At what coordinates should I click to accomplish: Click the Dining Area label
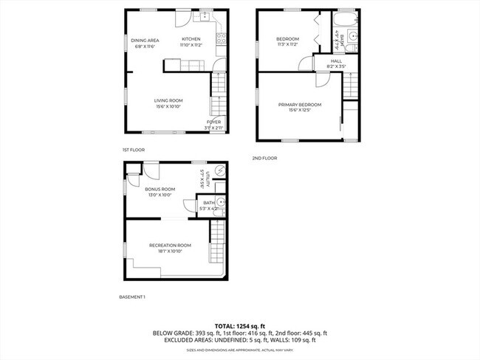pos(145,40)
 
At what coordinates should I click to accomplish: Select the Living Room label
pos(168,100)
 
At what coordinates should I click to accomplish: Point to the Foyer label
pos(213,122)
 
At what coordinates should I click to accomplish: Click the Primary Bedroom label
pos(300,105)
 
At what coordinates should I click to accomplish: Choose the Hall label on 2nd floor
pos(336,61)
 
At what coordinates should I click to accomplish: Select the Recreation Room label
pos(170,245)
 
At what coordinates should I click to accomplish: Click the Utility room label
pos(209,177)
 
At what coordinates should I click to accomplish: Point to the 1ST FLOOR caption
pos(134,150)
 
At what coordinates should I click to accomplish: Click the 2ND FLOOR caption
pos(264,157)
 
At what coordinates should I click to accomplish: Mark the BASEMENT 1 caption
pos(133,297)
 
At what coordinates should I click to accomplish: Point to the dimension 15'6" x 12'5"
pos(300,111)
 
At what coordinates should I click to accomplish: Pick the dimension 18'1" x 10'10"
pos(170,251)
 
